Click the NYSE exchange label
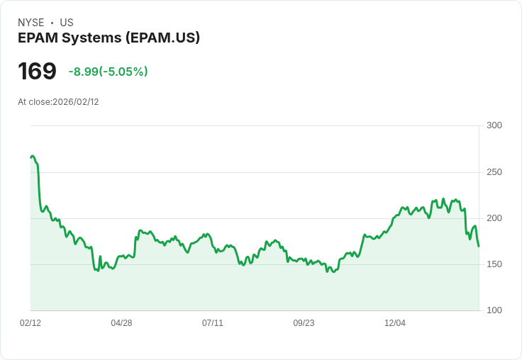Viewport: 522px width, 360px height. tap(31, 23)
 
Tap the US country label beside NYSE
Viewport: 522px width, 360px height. tap(67, 23)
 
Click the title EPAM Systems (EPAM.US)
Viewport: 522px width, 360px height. tap(109, 38)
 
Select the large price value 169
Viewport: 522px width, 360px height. tap(37, 71)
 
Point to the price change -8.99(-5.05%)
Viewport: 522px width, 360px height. tap(108, 72)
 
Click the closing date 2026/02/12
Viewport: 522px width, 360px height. tap(76, 102)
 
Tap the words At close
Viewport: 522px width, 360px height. tap(35, 102)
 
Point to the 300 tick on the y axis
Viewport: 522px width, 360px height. tap(494, 125)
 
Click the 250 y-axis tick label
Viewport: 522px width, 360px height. tap(494, 172)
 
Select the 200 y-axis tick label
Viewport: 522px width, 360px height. tap(494, 218)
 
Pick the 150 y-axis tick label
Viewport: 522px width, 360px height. tap(494, 264)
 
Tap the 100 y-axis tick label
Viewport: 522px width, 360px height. tap(494, 310)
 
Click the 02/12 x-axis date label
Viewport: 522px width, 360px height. tap(30, 323)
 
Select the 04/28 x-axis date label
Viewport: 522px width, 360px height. tap(121, 323)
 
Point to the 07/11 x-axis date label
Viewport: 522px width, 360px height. tap(213, 323)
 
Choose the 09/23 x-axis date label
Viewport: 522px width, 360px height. tap(304, 323)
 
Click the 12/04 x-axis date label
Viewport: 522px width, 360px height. tap(395, 323)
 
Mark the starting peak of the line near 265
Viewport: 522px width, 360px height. tap(33, 157)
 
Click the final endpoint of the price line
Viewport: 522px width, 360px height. tap(479, 246)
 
